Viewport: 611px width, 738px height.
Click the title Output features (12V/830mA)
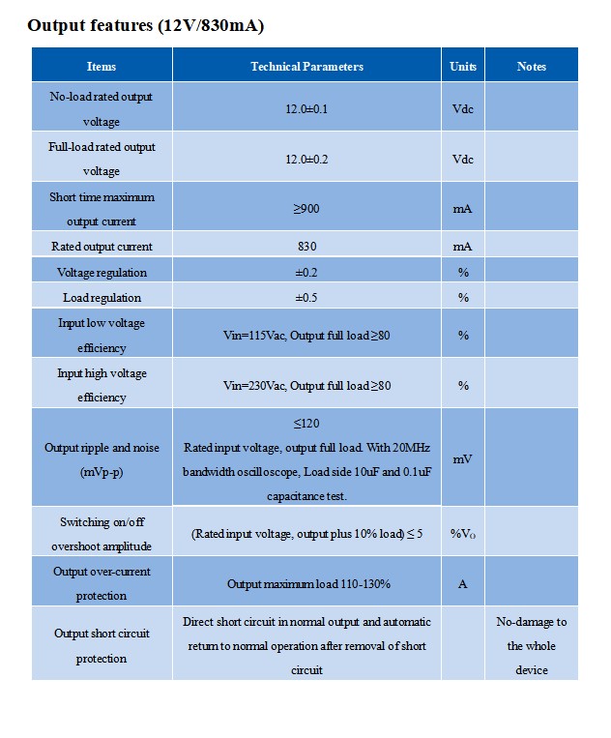point(146,26)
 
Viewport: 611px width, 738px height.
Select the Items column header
point(102,67)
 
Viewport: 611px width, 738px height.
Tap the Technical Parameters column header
point(306,67)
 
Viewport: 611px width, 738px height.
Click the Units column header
point(463,67)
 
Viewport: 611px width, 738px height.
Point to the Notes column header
point(531,67)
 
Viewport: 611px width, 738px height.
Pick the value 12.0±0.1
point(306,109)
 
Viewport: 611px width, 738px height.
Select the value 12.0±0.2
point(306,160)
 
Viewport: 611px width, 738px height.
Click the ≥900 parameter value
point(306,209)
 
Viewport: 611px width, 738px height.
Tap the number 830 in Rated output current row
point(306,247)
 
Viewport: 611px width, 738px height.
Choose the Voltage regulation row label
point(102,273)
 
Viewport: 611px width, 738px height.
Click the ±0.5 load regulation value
point(306,298)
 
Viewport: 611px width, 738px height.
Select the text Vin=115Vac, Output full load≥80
point(306,336)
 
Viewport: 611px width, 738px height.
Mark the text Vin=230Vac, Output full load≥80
point(306,386)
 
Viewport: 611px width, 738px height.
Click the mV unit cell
point(463,459)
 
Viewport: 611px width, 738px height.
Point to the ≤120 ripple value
point(306,424)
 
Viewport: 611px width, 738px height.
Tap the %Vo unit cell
point(463,534)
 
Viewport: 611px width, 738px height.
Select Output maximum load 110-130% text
point(308,584)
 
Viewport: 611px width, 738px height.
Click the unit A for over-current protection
point(463,584)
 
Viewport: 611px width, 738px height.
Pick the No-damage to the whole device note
point(531,645)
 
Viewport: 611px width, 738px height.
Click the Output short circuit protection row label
point(102,646)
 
